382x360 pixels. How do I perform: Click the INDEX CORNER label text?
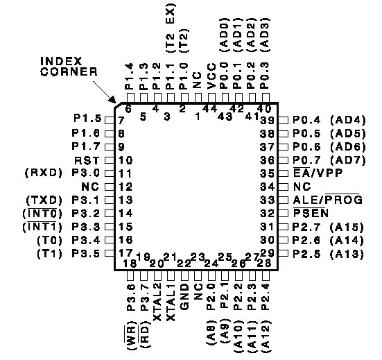[x=69, y=67]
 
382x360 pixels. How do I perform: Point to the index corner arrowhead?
[x=112, y=100]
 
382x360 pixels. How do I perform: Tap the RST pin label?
[x=87, y=161]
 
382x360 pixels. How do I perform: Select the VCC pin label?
[x=211, y=76]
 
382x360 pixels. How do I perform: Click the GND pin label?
[x=185, y=297]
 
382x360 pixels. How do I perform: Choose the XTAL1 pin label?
[x=171, y=302]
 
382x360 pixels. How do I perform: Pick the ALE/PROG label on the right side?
[x=328, y=200]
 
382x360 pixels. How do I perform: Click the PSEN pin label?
[x=311, y=213]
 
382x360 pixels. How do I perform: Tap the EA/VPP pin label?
[x=318, y=173]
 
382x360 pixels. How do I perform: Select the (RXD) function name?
[x=44, y=173]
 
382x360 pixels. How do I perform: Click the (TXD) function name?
[x=44, y=200]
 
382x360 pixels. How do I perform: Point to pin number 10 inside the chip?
[x=125, y=160]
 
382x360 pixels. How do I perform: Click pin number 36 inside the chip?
[x=267, y=160]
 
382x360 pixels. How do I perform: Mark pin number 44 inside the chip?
[x=210, y=108]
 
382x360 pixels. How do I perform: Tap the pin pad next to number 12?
[x=110, y=187]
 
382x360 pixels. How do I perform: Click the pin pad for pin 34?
[x=283, y=187]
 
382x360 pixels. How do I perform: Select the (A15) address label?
[x=347, y=227]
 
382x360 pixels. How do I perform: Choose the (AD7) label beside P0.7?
[x=349, y=160]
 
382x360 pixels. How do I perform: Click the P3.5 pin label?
[x=86, y=254]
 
